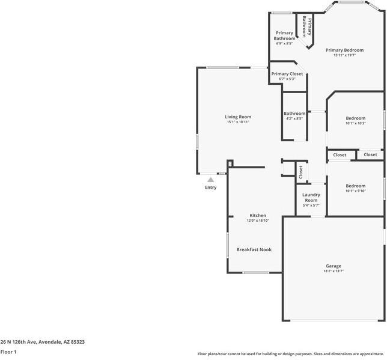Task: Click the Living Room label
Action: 238,117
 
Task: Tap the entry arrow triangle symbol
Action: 210,179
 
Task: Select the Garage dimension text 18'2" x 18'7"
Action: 334,271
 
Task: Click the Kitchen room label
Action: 258,215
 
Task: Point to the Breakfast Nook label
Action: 258,249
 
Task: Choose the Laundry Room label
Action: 311,197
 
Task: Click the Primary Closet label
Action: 287,74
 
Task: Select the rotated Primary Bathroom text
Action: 306,26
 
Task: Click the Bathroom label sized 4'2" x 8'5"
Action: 294,113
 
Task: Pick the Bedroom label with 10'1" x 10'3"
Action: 355,118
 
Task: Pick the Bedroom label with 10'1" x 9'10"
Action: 355,186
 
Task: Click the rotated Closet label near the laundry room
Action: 300,171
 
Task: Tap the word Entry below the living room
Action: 210,188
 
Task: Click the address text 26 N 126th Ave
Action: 42,341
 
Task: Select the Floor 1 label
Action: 8,352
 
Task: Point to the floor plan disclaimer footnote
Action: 291,354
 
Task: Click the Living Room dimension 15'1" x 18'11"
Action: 238,122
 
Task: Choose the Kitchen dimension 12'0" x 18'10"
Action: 258,221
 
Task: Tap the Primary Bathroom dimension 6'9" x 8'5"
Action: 284,43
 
